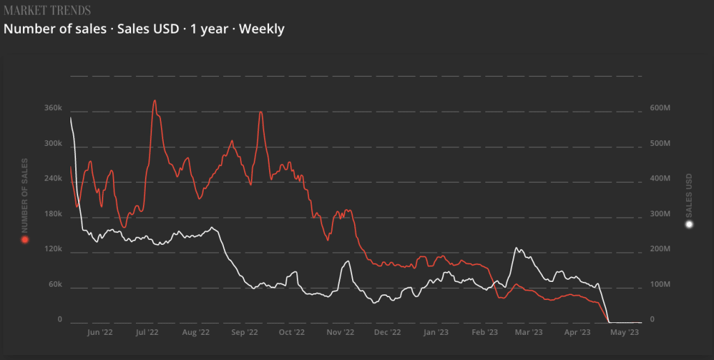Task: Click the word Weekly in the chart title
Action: coord(261,29)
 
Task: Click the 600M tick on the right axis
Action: coord(660,108)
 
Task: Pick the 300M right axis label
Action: coord(660,214)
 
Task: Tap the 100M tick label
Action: coord(660,285)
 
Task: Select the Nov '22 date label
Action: coord(342,333)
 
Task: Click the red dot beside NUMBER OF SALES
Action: coord(24,240)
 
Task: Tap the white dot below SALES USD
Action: coord(689,225)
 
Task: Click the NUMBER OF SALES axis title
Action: coord(24,195)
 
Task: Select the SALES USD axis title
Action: coord(689,194)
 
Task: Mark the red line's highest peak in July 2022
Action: coord(155,100)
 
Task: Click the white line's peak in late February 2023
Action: coord(517,248)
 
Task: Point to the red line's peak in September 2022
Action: coord(260,112)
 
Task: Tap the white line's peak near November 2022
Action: coord(347,262)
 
